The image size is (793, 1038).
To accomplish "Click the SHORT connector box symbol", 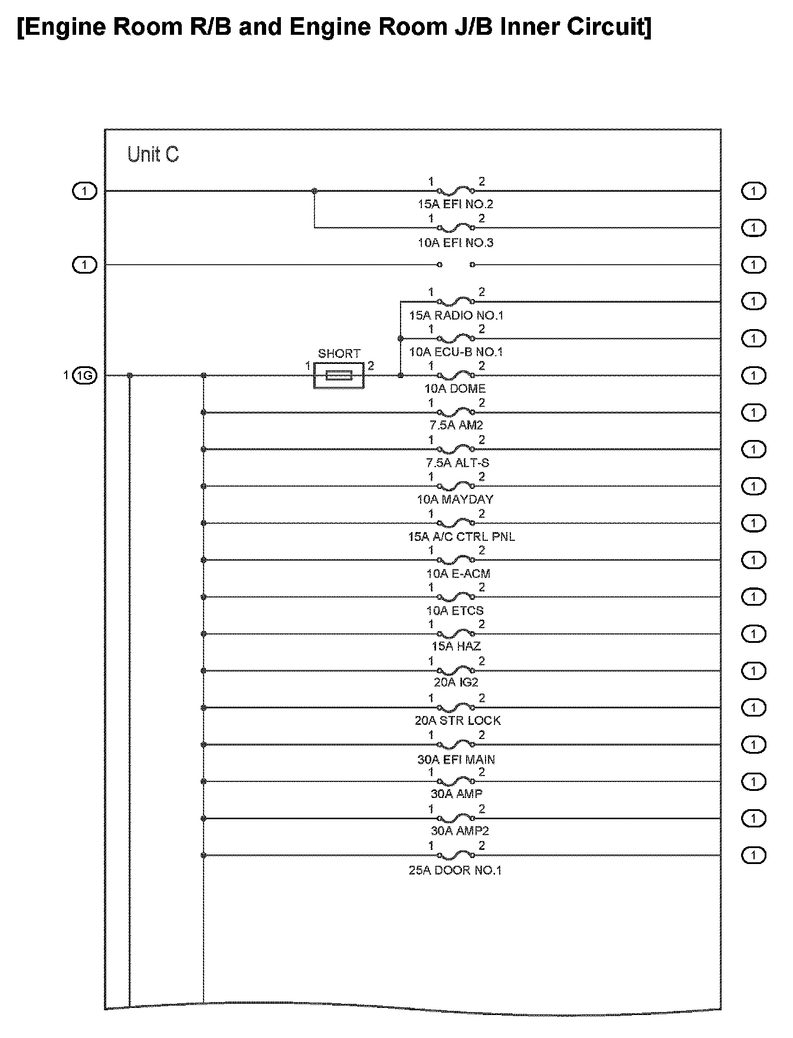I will pos(339,375).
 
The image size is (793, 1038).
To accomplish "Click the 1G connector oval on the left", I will pos(84,375).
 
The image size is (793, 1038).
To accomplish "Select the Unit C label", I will pos(153,155).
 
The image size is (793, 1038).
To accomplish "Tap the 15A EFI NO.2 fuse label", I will pos(455,205).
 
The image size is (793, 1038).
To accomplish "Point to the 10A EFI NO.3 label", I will pos(455,242).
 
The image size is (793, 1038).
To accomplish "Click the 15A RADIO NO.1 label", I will pos(456,315).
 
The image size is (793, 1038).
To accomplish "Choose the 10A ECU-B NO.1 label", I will pos(456,352).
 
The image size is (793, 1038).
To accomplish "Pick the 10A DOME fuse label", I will pos(455,389).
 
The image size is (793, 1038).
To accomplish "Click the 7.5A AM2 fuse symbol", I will pos(456,412).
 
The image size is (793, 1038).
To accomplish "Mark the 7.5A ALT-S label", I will pos(455,463).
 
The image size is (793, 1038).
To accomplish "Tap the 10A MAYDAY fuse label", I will pos(455,500).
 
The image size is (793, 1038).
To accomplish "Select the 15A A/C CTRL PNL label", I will pos(461,537).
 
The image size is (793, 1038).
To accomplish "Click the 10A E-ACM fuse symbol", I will pos(456,560).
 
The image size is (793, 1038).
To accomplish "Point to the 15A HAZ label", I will pos(456,646).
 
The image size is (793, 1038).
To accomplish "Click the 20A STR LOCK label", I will pos(457,721).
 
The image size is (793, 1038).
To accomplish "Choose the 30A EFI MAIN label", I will pos(456,760).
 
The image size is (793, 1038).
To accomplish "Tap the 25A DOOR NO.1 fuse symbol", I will pos(456,855).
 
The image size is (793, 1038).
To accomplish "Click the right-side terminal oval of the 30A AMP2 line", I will pos(753,818).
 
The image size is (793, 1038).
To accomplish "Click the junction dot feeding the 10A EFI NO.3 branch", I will pos(314,191).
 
